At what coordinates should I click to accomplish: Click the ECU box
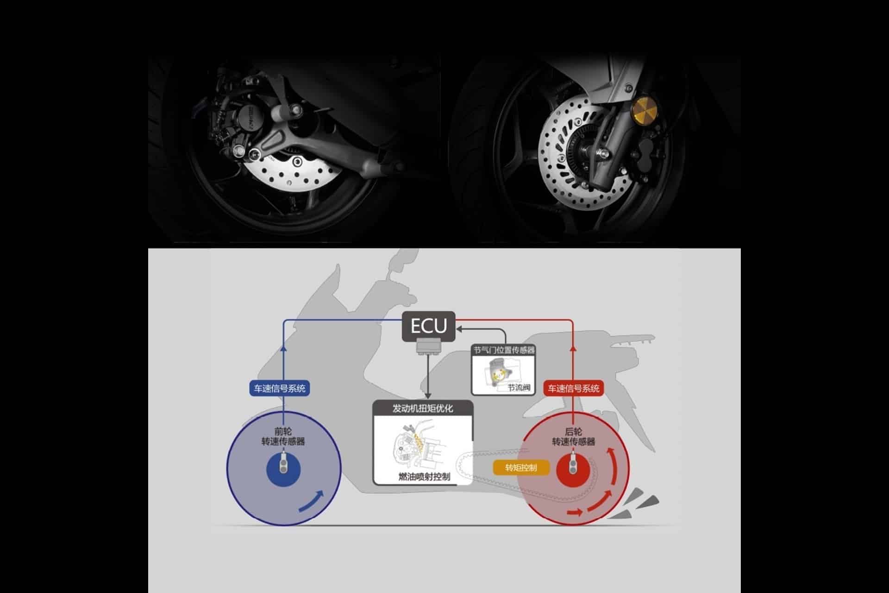pos(428,327)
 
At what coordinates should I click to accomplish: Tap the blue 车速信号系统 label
pos(280,388)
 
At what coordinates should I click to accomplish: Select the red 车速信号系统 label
pos(573,388)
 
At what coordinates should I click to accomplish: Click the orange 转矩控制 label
pos(521,468)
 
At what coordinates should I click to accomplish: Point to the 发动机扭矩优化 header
pos(423,409)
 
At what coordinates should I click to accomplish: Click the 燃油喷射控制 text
pos(424,476)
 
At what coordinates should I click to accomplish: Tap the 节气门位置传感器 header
pos(504,350)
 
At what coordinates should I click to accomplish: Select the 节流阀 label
pos(519,387)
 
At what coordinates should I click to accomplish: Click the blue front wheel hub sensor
pos(283,469)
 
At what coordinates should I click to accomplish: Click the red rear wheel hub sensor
pos(573,469)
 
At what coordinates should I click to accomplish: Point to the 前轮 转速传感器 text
pos(283,436)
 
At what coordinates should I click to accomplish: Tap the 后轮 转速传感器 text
pos(573,436)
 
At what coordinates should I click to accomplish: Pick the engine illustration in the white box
pos(419,445)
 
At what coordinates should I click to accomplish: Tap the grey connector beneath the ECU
pos(428,347)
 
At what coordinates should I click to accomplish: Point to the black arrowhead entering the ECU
pos(459,329)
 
